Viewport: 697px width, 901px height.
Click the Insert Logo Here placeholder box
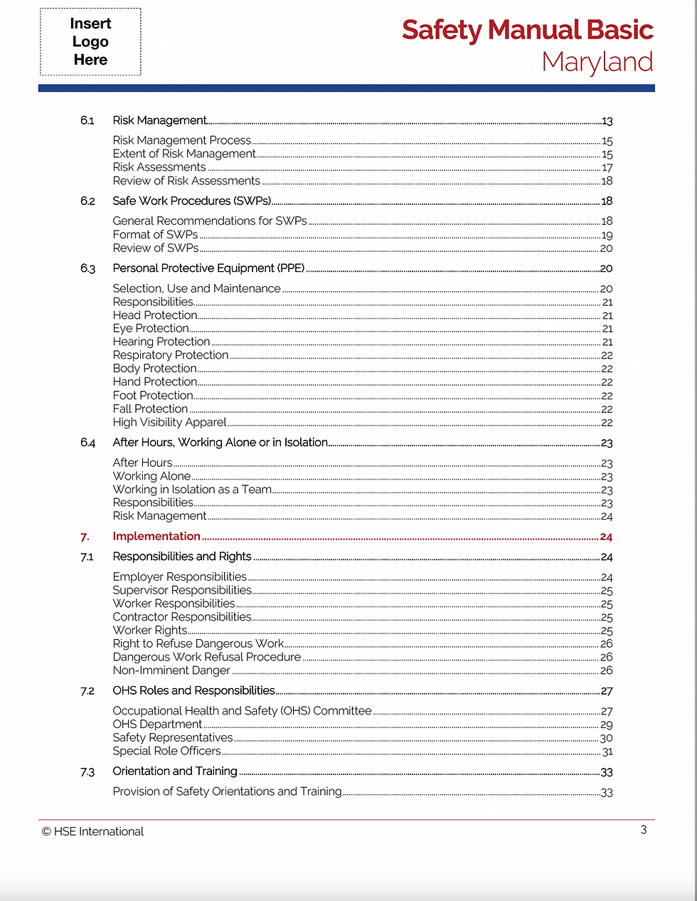(x=90, y=42)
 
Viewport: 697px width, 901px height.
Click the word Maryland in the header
(x=597, y=62)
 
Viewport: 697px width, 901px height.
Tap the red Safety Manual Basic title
(x=527, y=30)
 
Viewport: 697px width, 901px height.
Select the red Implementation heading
(x=156, y=536)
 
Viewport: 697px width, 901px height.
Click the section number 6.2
(x=87, y=201)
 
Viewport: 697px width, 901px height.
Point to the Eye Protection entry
(x=151, y=328)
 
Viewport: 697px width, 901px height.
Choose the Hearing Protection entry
(x=161, y=342)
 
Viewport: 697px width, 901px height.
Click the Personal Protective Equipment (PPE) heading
(x=208, y=268)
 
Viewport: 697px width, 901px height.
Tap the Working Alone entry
(x=151, y=475)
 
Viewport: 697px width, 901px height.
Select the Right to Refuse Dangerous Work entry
(x=198, y=643)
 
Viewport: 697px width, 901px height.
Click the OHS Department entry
(x=157, y=724)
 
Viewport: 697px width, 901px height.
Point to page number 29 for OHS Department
(x=606, y=725)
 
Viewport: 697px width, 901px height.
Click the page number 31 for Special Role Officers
(x=607, y=752)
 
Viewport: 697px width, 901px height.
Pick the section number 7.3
(x=87, y=771)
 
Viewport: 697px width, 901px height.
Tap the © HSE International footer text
(x=92, y=831)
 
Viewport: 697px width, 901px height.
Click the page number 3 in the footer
(x=644, y=830)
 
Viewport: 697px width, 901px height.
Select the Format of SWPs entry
(x=155, y=234)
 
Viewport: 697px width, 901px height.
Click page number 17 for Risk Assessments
(x=607, y=168)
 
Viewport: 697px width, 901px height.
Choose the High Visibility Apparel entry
(x=169, y=422)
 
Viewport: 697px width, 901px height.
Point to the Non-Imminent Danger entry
(x=171, y=670)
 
